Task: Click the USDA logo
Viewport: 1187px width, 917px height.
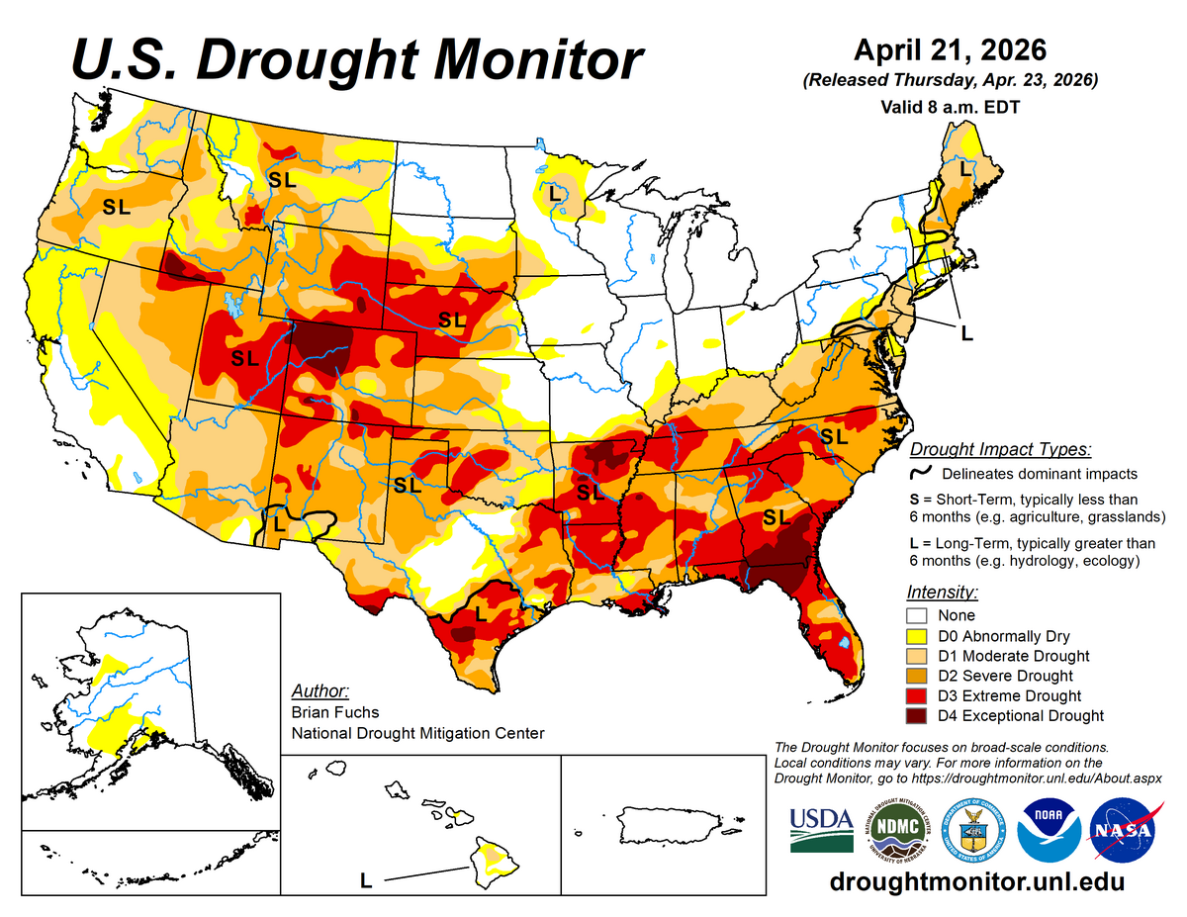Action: [821, 830]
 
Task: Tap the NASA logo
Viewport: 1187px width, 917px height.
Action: [1124, 830]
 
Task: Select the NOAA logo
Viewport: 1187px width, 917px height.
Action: [1048, 830]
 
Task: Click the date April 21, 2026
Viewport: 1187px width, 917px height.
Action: [951, 49]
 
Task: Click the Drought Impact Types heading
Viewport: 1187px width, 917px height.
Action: [1000, 449]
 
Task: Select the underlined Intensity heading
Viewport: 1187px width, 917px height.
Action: [942, 593]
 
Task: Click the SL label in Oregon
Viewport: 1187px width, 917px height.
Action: [117, 208]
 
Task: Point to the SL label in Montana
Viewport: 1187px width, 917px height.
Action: [282, 179]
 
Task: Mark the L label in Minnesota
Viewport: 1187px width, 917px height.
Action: [554, 193]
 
